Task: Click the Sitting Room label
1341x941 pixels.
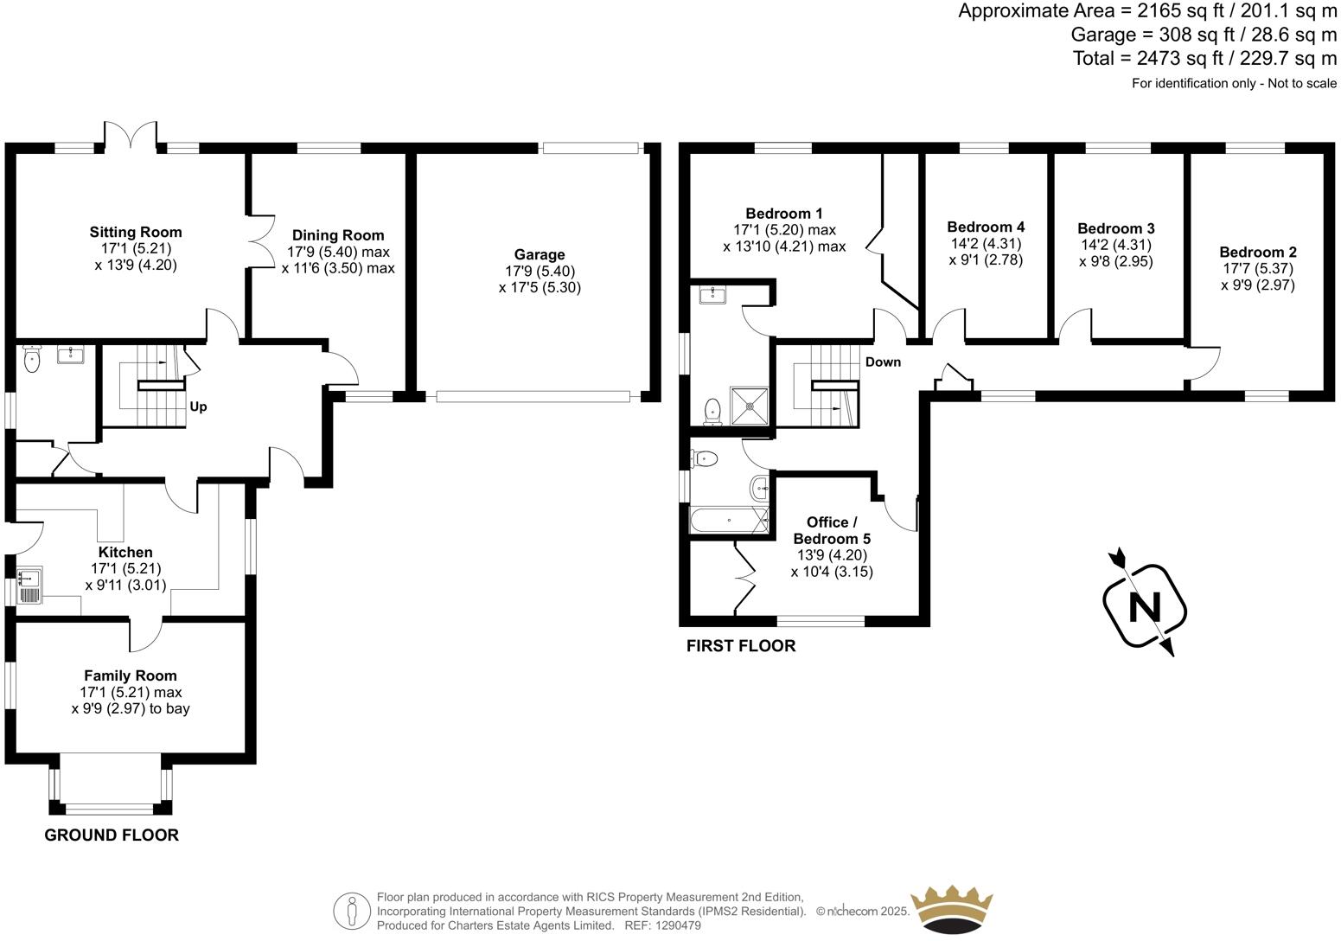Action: click(x=136, y=232)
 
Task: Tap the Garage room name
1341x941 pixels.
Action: click(x=540, y=254)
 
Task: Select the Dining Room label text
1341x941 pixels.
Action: click(x=338, y=235)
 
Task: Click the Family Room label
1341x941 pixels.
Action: click(x=131, y=675)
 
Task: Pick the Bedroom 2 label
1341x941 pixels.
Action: click(x=1258, y=253)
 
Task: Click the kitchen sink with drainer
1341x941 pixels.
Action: click(x=29, y=586)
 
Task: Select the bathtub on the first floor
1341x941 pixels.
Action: click(x=729, y=521)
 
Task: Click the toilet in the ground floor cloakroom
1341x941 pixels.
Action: click(x=33, y=361)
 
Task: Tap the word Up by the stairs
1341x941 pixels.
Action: click(x=198, y=406)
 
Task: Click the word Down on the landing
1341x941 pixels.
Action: click(x=883, y=362)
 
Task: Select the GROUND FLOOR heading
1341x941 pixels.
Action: click(x=112, y=835)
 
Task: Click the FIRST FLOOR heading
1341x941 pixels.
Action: click(x=740, y=645)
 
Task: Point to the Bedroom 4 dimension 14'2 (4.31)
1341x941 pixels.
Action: click(x=986, y=244)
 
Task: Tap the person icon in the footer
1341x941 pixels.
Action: click(x=353, y=911)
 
